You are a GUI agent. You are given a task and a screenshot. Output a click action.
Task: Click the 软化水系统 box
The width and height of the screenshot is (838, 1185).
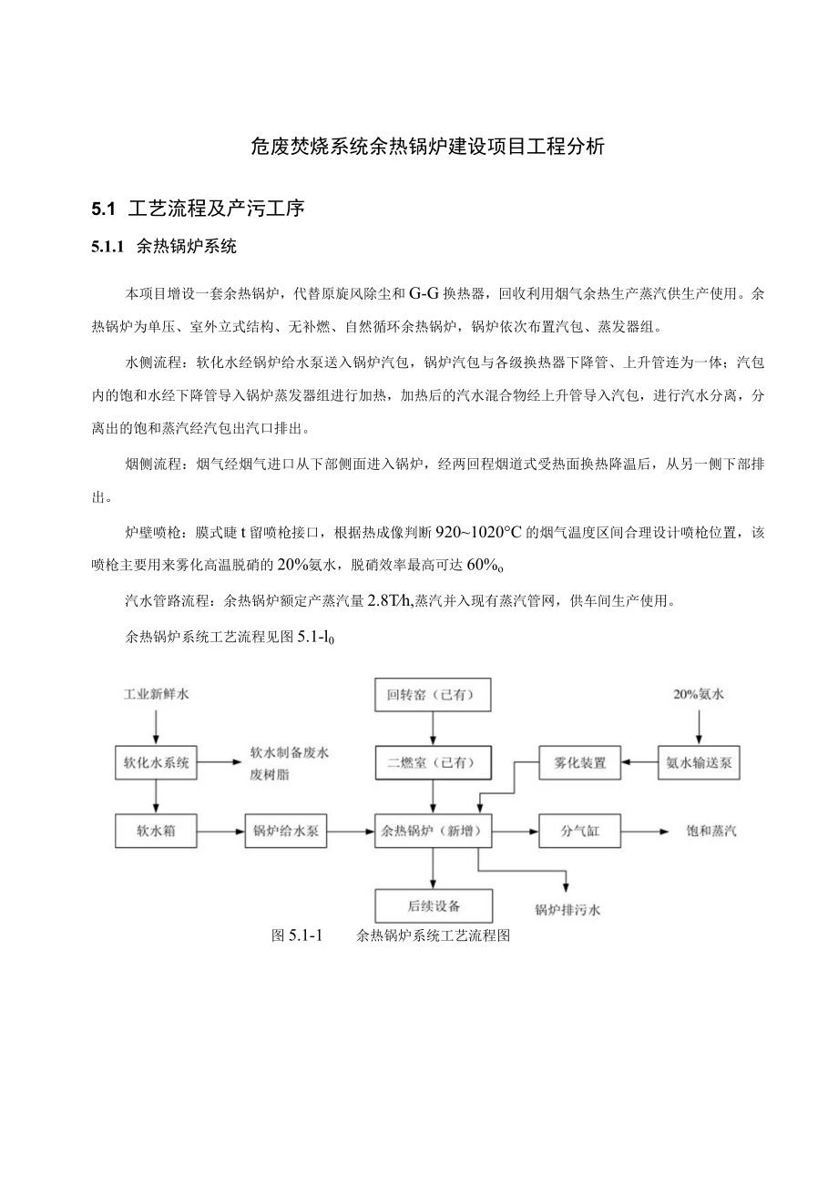157,763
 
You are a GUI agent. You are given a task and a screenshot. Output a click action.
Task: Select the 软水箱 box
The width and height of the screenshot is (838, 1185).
157,832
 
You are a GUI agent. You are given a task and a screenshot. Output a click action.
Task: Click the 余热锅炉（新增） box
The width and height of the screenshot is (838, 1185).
434,832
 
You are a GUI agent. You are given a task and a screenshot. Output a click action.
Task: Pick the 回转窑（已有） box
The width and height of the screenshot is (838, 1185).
434,697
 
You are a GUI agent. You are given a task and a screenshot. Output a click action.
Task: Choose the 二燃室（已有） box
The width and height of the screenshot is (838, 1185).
434,763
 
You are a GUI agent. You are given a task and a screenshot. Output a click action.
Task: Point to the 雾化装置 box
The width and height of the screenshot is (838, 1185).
579,763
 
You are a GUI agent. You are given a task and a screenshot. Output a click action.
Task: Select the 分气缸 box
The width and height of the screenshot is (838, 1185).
579,832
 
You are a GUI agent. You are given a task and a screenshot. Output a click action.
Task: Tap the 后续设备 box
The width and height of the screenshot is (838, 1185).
434,905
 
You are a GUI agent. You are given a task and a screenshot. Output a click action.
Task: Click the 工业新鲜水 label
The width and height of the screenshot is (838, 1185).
157,694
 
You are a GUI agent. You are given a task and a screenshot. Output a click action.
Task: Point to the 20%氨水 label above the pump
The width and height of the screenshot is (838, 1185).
698,694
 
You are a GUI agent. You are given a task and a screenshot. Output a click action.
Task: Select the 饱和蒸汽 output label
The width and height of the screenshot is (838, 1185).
711,832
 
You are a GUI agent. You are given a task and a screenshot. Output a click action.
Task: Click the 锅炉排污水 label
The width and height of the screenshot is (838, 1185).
567,909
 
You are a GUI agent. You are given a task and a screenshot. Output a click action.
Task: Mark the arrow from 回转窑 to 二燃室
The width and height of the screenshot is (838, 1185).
434,730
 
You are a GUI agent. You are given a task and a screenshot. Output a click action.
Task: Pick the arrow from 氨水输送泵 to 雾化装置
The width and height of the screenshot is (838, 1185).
639,763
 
